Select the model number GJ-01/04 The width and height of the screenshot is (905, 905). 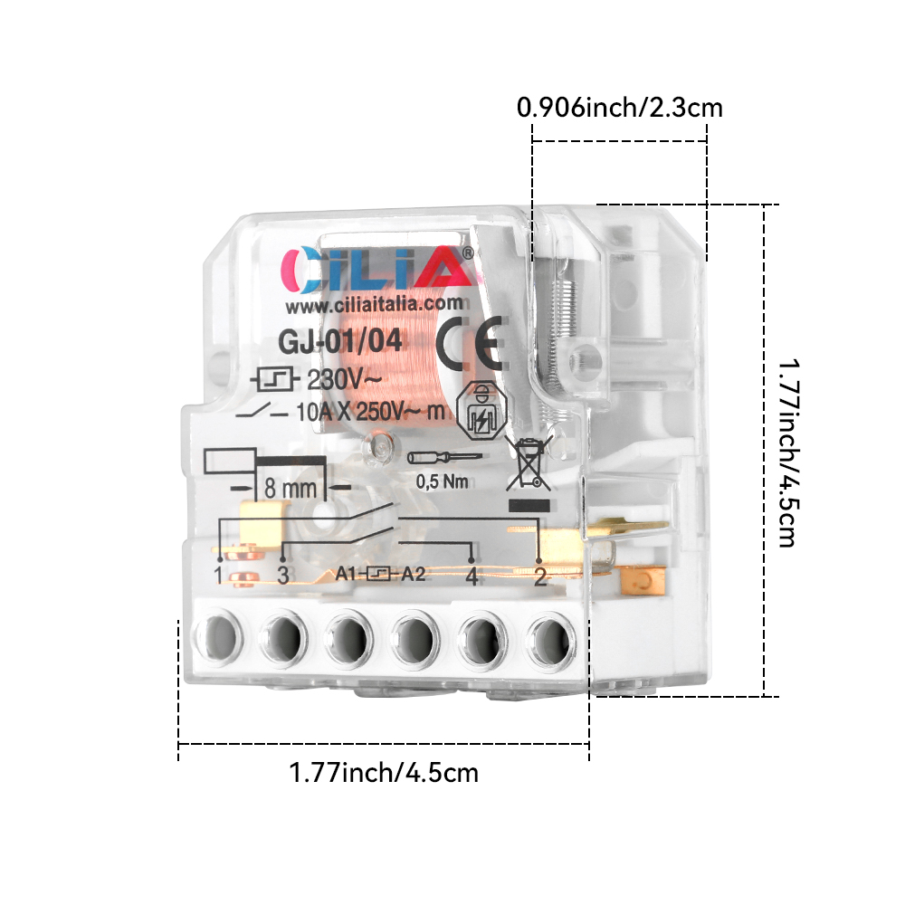click(x=340, y=341)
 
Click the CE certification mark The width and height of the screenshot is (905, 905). click(x=469, y=344)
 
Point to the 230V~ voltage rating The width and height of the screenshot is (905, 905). click(x=344, y=380)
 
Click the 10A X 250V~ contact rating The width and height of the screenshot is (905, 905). click(x=370, y=412)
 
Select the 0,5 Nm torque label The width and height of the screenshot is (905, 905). click(x=443, y=481)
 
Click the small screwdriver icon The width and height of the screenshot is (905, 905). click(x=444, y=458)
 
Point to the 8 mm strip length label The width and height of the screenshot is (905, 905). click(x=291, y=489)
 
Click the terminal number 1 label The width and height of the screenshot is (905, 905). click(x=218, y=576)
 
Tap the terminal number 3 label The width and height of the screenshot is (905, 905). click(x=282, y=576)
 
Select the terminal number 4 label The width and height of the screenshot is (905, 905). click(x=472, y=576)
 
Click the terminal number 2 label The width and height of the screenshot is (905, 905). click(x=540, y=576)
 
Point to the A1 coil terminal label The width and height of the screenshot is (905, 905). click(x=346, y=574)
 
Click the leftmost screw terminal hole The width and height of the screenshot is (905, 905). click(x=219, y=639)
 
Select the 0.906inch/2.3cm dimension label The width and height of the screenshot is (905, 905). click(x=620, y=108)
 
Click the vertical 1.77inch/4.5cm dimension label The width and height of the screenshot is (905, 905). click(x=788, y=453)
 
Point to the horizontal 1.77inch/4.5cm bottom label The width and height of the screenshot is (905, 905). click(x=384, y=772)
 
